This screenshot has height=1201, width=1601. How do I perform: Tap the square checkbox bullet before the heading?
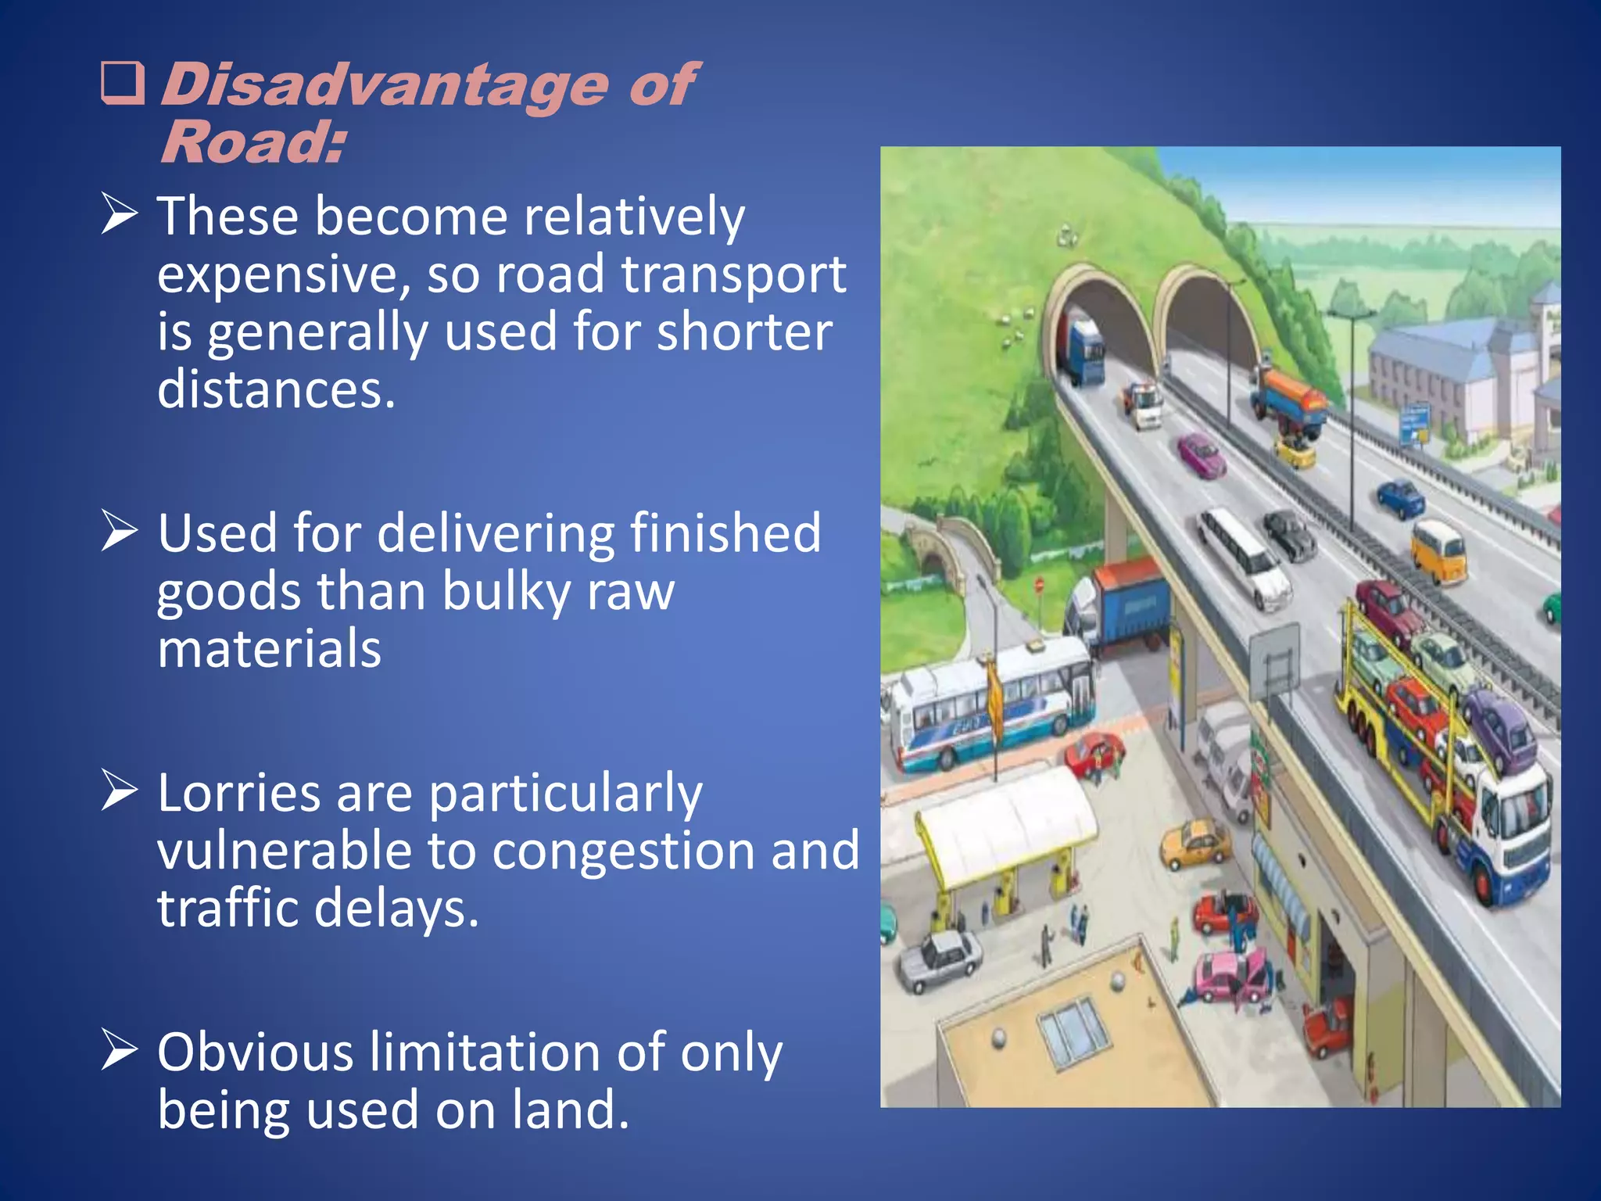coord(123,84)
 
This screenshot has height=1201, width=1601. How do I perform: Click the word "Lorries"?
coord(238,793)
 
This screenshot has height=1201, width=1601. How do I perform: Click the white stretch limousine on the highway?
coord(1245,556)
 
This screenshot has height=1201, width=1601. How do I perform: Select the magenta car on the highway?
coord(1202,456)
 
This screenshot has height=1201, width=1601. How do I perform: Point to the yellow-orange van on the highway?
coord(1438,550)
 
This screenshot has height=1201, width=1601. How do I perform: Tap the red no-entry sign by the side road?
coord(1039,585)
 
